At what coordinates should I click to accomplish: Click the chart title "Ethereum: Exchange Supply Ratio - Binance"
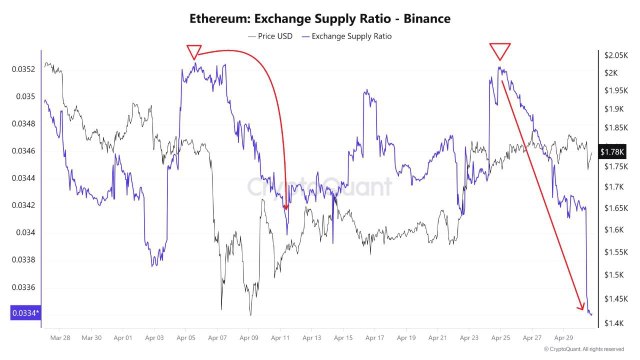pos(319,18)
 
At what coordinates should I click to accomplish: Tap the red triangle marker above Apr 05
pos(195,52)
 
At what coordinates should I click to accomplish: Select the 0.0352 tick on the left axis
pos(25,69)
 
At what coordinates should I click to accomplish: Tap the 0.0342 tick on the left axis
pos(25,206)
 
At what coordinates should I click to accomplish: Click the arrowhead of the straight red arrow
pos(582,307)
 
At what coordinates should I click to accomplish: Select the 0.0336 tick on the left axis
pos(25,287)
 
